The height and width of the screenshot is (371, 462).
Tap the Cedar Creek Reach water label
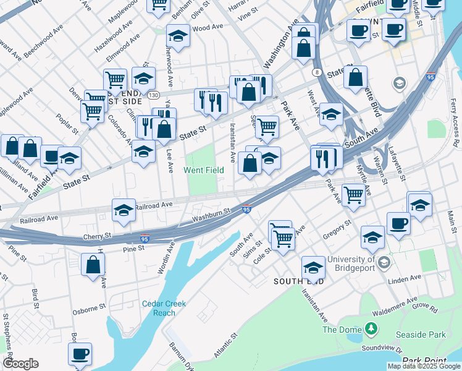coord(164,308)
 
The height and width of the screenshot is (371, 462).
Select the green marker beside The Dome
coord(371,328)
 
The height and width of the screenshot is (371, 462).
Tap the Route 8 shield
coord(317,72)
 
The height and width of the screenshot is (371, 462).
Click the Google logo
coord(21,364)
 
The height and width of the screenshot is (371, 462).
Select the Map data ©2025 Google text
coord(424,366)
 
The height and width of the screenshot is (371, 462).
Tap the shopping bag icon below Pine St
coord(93,265)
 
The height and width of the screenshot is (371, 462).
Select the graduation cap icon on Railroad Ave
coord(124,211)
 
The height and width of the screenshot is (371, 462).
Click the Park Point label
coord(424,360)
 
